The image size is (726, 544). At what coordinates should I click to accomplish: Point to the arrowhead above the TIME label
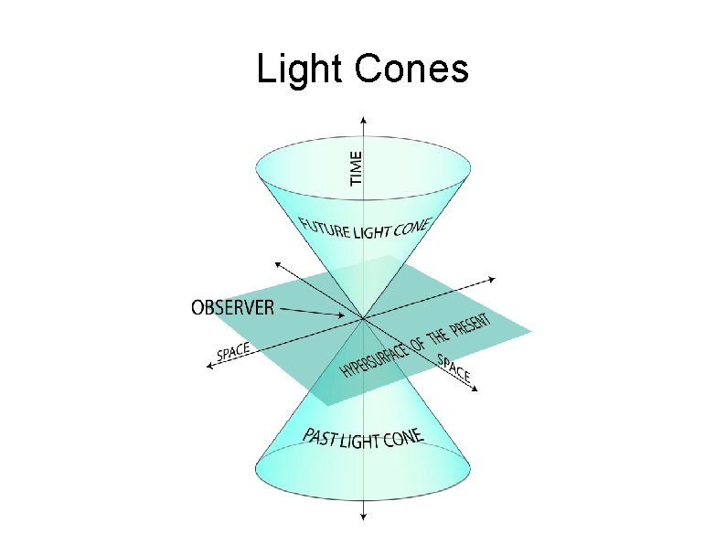[x=364, y=119]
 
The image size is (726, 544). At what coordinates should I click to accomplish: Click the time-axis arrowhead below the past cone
[x=364, y=517]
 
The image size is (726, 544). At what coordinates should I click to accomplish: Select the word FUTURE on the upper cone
[x=325, y=226]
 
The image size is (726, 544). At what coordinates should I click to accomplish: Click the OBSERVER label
[x=232, y=307]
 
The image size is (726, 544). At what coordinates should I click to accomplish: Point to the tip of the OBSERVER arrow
[x=347, y=316]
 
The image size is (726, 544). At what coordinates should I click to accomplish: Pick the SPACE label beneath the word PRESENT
[x=454, y=368]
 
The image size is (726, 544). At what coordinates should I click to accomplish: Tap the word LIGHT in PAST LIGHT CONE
[x=361, y=443]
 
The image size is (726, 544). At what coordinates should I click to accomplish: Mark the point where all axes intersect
[x=364, y=318]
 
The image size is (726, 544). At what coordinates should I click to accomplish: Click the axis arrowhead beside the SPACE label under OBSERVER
[x=210, y=366]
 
